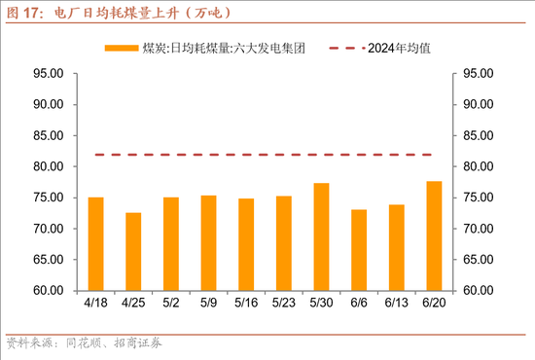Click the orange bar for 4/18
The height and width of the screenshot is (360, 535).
(x=95, y=244)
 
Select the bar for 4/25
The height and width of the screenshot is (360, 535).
(x=133, y=251)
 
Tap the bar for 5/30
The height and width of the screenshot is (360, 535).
(x=321, y=236)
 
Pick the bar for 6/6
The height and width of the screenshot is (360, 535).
(x=359, y=250)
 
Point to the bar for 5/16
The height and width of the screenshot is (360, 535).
(x=246, y=244)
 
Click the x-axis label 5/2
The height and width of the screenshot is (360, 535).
(x=170, y=304)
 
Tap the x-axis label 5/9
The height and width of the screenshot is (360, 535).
(x=208, y=304)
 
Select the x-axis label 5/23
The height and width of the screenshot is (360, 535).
(x=283, y=304)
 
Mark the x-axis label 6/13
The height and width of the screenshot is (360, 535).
(x=396, y=304)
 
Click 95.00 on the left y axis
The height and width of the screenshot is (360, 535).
(x=48, y=74)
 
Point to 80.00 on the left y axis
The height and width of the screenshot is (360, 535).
(x=48, y=166)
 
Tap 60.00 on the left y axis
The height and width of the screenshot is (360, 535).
(x=48, y=290)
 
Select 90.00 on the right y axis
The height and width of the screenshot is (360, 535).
(x=481, y=105)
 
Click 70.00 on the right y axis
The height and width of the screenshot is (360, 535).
(x=481, y=229)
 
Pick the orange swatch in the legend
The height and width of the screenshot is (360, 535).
(x=122, y=48)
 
